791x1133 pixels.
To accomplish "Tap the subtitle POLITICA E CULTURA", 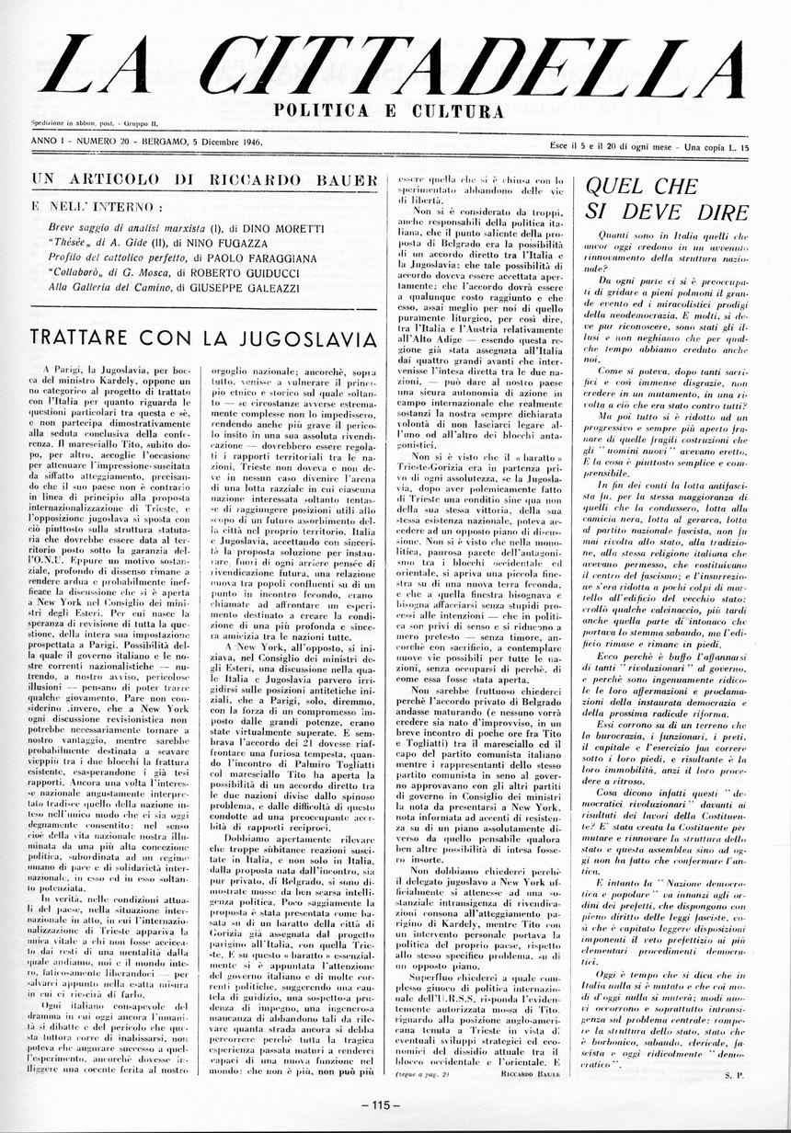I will pos(390,111).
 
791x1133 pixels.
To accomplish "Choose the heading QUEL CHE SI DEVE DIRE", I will pos(666,198).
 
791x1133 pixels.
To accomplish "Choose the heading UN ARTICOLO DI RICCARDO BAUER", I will pos(204,179).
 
